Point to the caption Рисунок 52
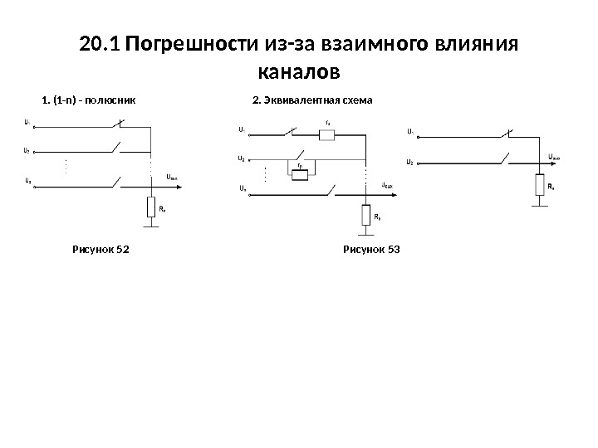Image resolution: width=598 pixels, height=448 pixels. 101,248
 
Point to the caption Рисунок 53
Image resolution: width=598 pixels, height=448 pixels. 371,248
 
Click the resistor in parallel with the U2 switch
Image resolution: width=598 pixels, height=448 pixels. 300,173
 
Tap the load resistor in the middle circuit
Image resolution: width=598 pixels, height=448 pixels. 365,215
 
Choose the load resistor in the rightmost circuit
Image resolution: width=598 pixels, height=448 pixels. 540,184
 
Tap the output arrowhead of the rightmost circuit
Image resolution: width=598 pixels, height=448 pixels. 576,161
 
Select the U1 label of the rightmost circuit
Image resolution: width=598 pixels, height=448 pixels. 411,130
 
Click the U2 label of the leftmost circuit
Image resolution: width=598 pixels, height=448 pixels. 28,151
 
